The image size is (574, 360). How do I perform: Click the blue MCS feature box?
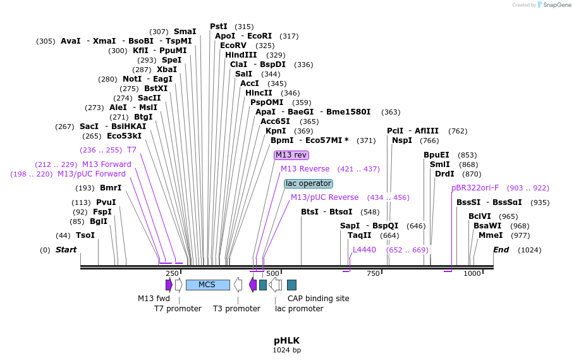click(x=207, y=285)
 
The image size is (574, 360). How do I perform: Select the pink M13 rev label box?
click(x=291, y=155)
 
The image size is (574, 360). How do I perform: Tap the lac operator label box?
click(x=308, y=183)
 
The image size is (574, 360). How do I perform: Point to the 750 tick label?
click(x=373, y=273)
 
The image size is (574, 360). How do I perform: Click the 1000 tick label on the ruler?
click(x=472, y=273)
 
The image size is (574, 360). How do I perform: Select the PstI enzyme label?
click(x=219, y=27)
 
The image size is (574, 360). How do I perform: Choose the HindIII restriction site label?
click(x=241, y=55)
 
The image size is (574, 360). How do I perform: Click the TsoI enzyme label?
click(x=85, y=235)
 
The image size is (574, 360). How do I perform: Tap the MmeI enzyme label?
click(x=491, y=235)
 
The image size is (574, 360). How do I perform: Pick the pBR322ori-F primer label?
click(x=475, y=188)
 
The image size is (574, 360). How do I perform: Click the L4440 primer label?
click(x=364, y=250)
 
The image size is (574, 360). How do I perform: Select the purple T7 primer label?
click(x=131, y=150)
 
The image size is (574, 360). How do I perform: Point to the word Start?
click(x=66, y=250)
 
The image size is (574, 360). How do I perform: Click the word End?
click(x=501, y=250)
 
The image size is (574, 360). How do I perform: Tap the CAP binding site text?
click(x=318, y=299)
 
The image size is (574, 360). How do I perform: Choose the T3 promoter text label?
click(x=236, y=309)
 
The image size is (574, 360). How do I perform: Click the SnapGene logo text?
click(x=555, y=5)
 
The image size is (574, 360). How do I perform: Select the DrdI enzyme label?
click(x=444, y=174)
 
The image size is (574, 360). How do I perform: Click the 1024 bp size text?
click(x=286, y=350)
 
